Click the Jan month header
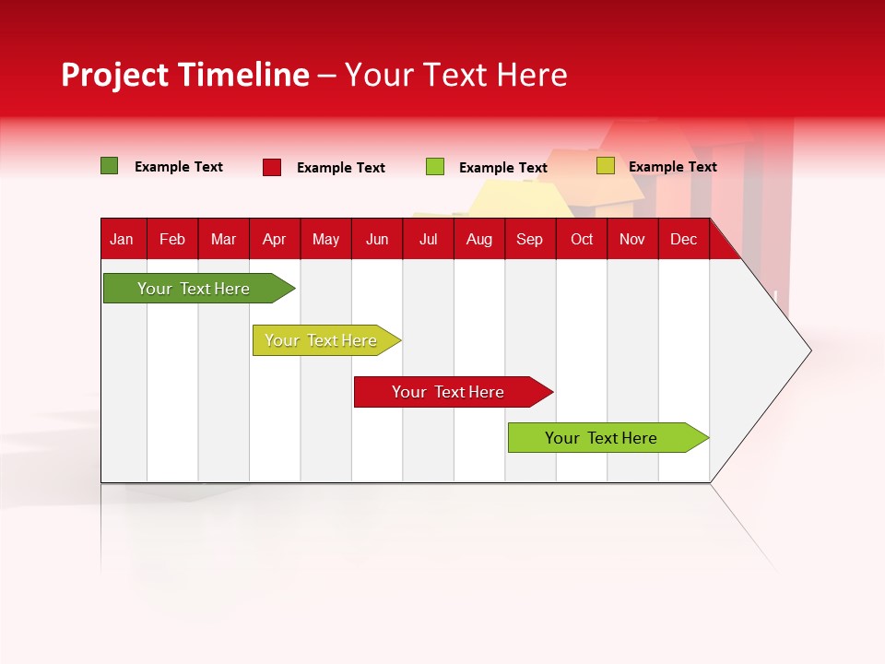click(122, 239)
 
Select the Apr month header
click(274, 239)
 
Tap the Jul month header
click(428, 239)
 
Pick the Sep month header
click(529, 239)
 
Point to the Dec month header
click(683, 239)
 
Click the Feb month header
click(172, 239)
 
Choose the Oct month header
click(582, 239)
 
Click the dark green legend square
click(109, 166)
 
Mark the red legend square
click(271, 167)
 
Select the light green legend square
click(435, 167)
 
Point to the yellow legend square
click(605, 166)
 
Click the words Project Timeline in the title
click(184, 75)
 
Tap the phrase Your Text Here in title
click(456, 75)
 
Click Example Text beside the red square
click(340, 168)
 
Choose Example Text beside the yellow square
click(672, 167)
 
